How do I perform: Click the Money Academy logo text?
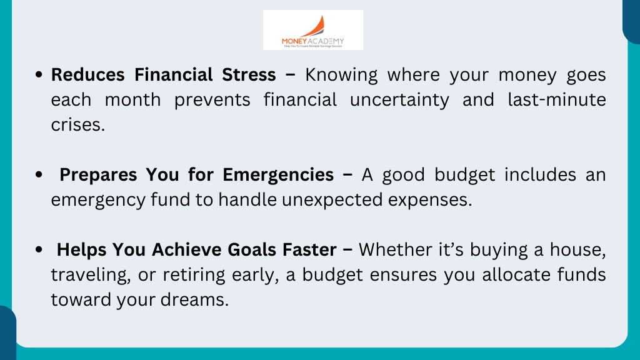(312, 41)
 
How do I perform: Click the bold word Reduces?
(87, 75)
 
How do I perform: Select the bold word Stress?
(249, 75)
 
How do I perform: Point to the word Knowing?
(341, 76)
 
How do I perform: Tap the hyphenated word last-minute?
(557, 99)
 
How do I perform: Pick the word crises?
(78, 125)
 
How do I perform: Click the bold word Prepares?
(98, 176)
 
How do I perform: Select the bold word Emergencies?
(278, 176)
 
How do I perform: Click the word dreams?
(194, 300)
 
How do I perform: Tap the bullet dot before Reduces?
(39, 75)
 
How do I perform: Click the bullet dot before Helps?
(39, 250)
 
